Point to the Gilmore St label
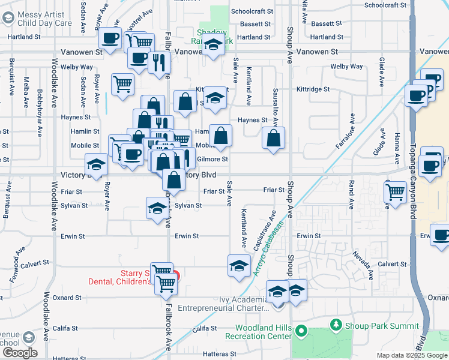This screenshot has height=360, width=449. coord(212,159)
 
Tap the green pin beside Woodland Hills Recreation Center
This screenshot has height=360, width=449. coord(302,331)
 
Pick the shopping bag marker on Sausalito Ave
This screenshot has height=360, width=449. coord(273,139)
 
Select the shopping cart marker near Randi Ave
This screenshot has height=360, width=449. coord(395,192)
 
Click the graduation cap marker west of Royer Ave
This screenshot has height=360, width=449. coord(96,164)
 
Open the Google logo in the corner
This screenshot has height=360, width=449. coord(19,353)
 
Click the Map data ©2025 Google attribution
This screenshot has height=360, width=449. coord(412,355)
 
